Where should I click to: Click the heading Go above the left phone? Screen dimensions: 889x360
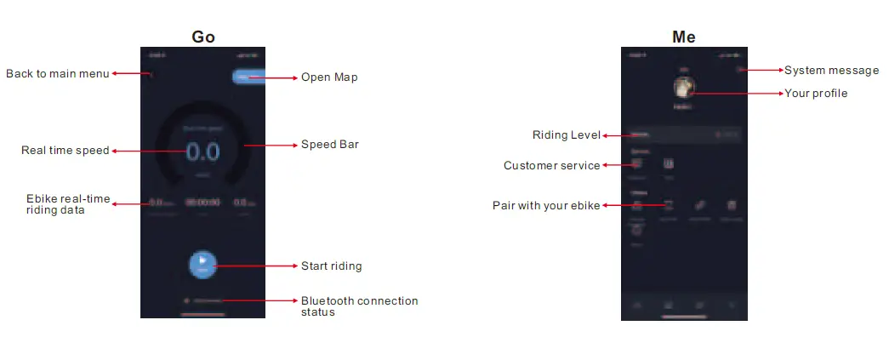pyautogui.click(x=203, y=37)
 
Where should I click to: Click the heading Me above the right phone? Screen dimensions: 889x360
pyautogui.click(x=684, y=37)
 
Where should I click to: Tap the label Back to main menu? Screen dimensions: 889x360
pyautogui.click(x=58, y=74)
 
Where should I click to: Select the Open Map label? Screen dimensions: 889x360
pyautogui.click(x=329, y=77)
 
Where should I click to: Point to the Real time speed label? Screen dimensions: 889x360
pyautogui.click(x=66, y=151)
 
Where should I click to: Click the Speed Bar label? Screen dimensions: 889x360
pyautogui.click(x=330, y=145)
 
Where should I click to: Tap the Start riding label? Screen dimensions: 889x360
pyautogui.click(x=332, y=266)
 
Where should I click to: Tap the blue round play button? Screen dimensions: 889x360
pyautogui.click(x=202, y=264)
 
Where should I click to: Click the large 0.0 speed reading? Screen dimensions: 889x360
pyautogui.click(x=202, y=152)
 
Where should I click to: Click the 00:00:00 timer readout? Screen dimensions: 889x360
pyautogui.click(x=202, y=203)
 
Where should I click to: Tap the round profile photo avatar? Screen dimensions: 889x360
pyautogui.click(x=684, y=87)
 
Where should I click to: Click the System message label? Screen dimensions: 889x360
pyautogui.click(x=829, y=70)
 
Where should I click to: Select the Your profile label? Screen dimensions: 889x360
pyautogui.click(x=816, y=94)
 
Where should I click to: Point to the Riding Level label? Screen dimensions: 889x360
pyautogui.click(x=567, y=135)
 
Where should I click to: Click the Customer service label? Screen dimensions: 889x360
pyautogui.click(x=552, y=165)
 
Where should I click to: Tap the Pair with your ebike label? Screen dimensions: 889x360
pyautogui.click(x=546, y=205)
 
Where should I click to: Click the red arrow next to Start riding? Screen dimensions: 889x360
pyautogui.click(x=255, y=266)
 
